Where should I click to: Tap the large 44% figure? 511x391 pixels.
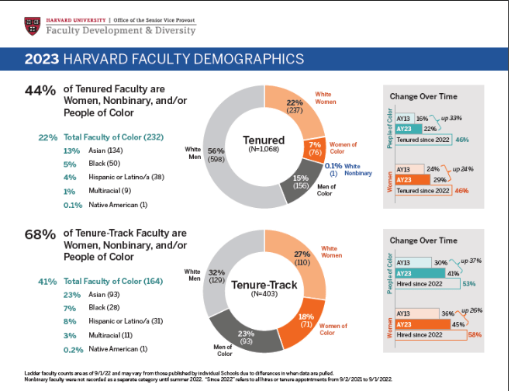40,91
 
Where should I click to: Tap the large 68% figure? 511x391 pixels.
40,234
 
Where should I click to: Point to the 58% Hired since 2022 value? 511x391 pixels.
471,336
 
